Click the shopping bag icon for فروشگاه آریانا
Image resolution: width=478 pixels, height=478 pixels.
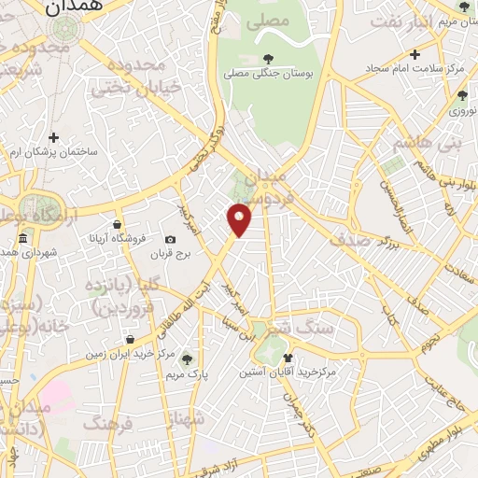(x=116, y=224)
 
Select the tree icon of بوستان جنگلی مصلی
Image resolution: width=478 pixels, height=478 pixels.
(x=269, y=58)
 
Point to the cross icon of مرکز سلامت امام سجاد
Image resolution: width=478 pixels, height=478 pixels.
(x=415, y=55)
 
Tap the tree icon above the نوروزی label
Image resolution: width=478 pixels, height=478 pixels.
(x=462, y=95)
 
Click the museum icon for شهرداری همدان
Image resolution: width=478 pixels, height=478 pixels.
(x=21, y=243)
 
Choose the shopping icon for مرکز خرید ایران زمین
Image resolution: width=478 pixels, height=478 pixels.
(x=129, y=339)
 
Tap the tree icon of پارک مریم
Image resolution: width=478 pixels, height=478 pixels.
(x=187, y=358)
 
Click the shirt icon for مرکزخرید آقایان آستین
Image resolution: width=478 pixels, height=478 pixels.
(x=287, y=357)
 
